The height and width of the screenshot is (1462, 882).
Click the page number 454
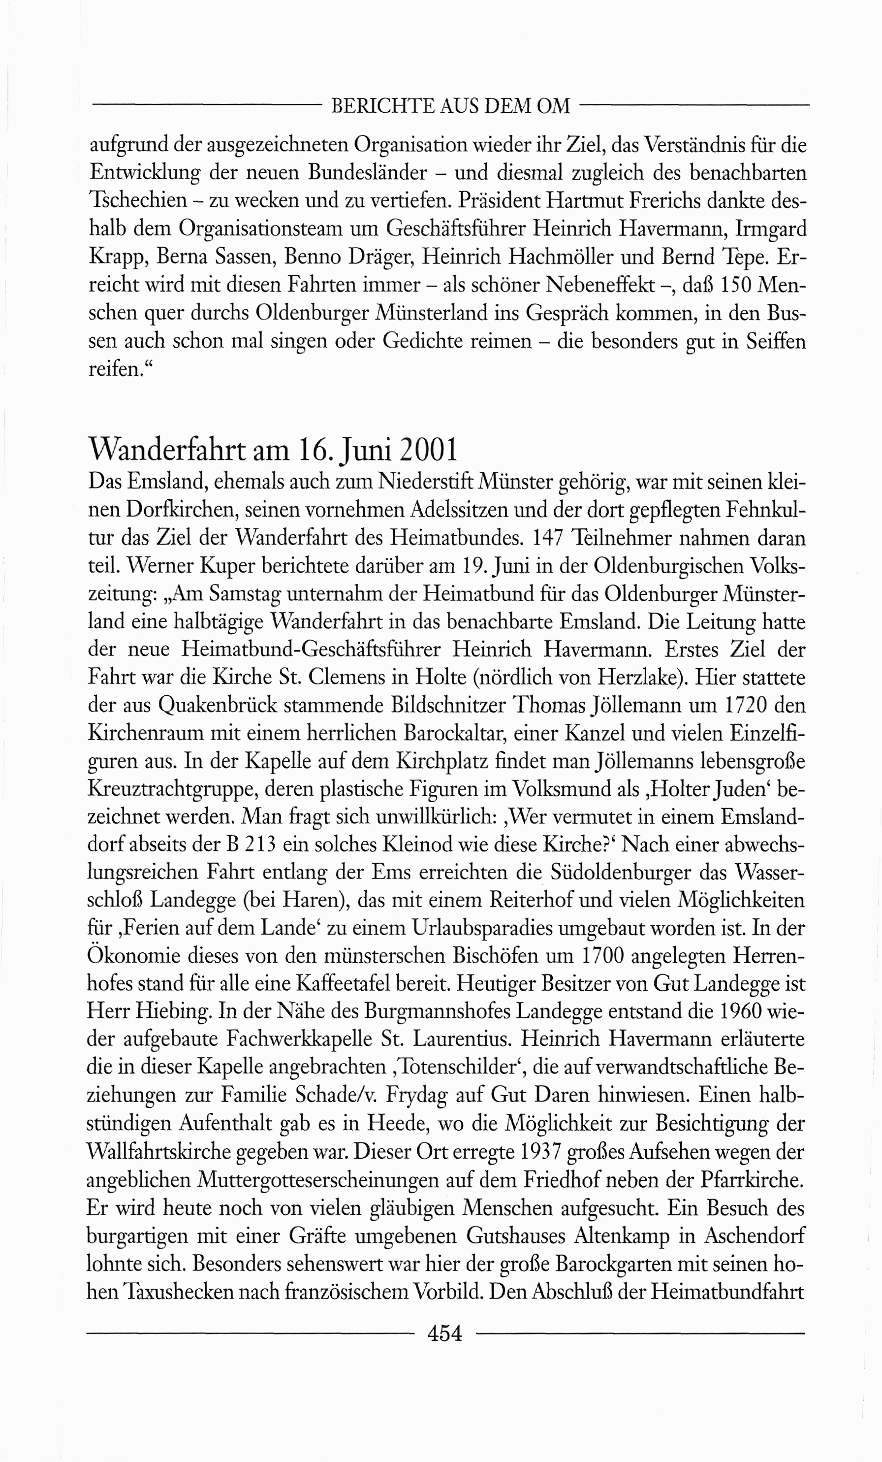pos(444,1333)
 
